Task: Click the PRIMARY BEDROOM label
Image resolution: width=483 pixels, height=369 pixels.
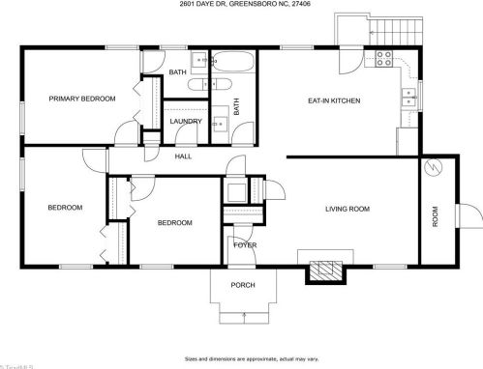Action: [x=82, y=99]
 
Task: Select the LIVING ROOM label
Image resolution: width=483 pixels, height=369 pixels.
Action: [x=347, y=208]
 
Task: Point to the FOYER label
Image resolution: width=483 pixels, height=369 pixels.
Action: [x=245, y=245]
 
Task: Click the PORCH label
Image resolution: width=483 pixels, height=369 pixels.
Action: [x=242, y=285]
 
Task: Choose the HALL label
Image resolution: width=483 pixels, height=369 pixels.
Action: [x=183, y=156]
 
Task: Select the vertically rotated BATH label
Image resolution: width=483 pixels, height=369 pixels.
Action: [x=235, y=106]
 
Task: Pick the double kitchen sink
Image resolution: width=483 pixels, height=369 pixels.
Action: [x=409, y=99]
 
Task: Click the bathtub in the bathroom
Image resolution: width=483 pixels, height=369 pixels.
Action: [x=231, y=65]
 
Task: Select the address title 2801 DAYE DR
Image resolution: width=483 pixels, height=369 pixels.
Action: [x=241, y=5]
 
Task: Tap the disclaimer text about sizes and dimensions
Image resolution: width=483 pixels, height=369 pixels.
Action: [x=241, y=356]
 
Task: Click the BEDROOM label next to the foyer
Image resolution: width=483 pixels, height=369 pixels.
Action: [x=174, y=223]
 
